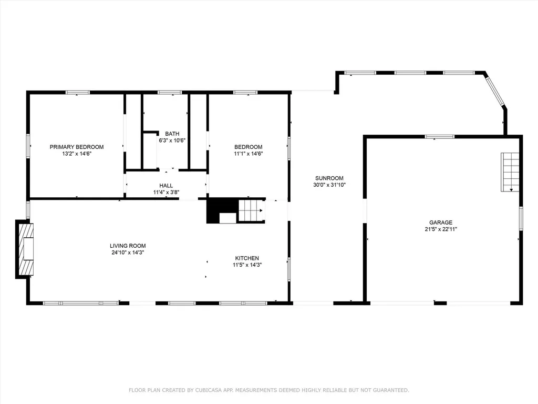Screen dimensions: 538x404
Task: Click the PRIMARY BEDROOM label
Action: pyautogui.click(x=77, y=147)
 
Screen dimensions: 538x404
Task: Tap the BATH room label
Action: pyautogui.click(x=172, y=134)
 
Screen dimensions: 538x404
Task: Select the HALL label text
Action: pyautogui.click(x=166, y=186)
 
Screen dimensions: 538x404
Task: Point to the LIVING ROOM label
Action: pyautogui.click(x=128, y=246)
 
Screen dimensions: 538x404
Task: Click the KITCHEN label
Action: pyautogui.click(x=247, y=258)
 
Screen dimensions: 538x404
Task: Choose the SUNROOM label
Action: pyautogui.click(x=329, y=178)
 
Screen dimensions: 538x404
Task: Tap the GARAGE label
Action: pyautogui.click(x=441, y=223)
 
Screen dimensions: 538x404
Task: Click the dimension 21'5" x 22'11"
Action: pyautogui.click(x=441, y=229)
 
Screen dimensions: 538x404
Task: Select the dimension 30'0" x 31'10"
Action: pyautogui.click(x=329, y=185)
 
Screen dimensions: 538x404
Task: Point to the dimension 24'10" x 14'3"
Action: pyautogui.click(x=128, y=252)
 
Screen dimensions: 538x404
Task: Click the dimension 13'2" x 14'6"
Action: pyautogui.click(x=77, y=154)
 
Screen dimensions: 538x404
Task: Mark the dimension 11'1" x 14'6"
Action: pyautogui.click(x=249, y=154)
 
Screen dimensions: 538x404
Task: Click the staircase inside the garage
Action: pyautogui.click(x=510, y=172)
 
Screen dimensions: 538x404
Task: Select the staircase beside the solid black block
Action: pyautogui.click(x=252, y=210)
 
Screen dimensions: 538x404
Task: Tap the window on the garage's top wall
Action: pyautogui.click(x=440, y=137)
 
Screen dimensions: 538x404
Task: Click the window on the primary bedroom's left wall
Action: pyautogui.click(x=28, y=146)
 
